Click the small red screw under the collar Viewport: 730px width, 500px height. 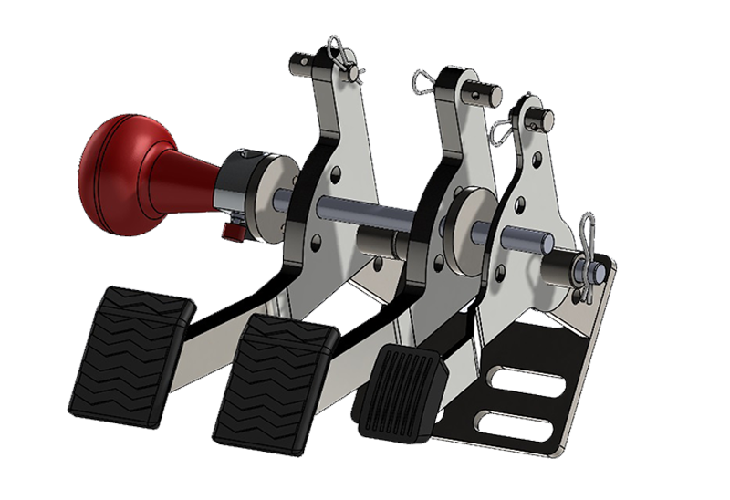235,231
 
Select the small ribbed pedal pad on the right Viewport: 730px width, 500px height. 401,392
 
